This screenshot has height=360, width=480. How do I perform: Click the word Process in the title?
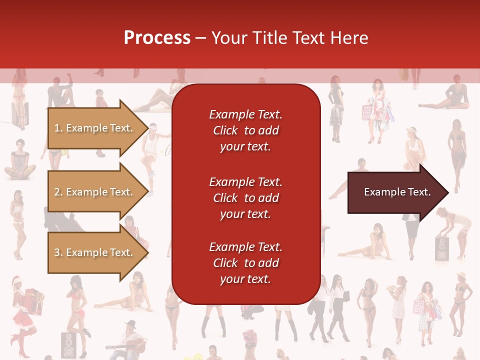[x=157, y=38]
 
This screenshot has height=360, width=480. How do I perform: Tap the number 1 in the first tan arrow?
[x=57, y=128]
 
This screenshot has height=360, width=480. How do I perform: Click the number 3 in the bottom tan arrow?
[x=57, y=253]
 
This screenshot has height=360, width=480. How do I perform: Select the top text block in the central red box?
[x=245, y=130]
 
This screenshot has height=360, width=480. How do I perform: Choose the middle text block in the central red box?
[x=245, y=198]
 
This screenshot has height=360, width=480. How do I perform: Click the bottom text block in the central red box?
[x=245, y=263]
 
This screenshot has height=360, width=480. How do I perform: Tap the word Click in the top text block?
[x=225, y=130]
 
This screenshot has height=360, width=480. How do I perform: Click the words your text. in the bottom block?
[x=245, y=279]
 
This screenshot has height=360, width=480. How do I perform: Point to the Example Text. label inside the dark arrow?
[x=397, y=192]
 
